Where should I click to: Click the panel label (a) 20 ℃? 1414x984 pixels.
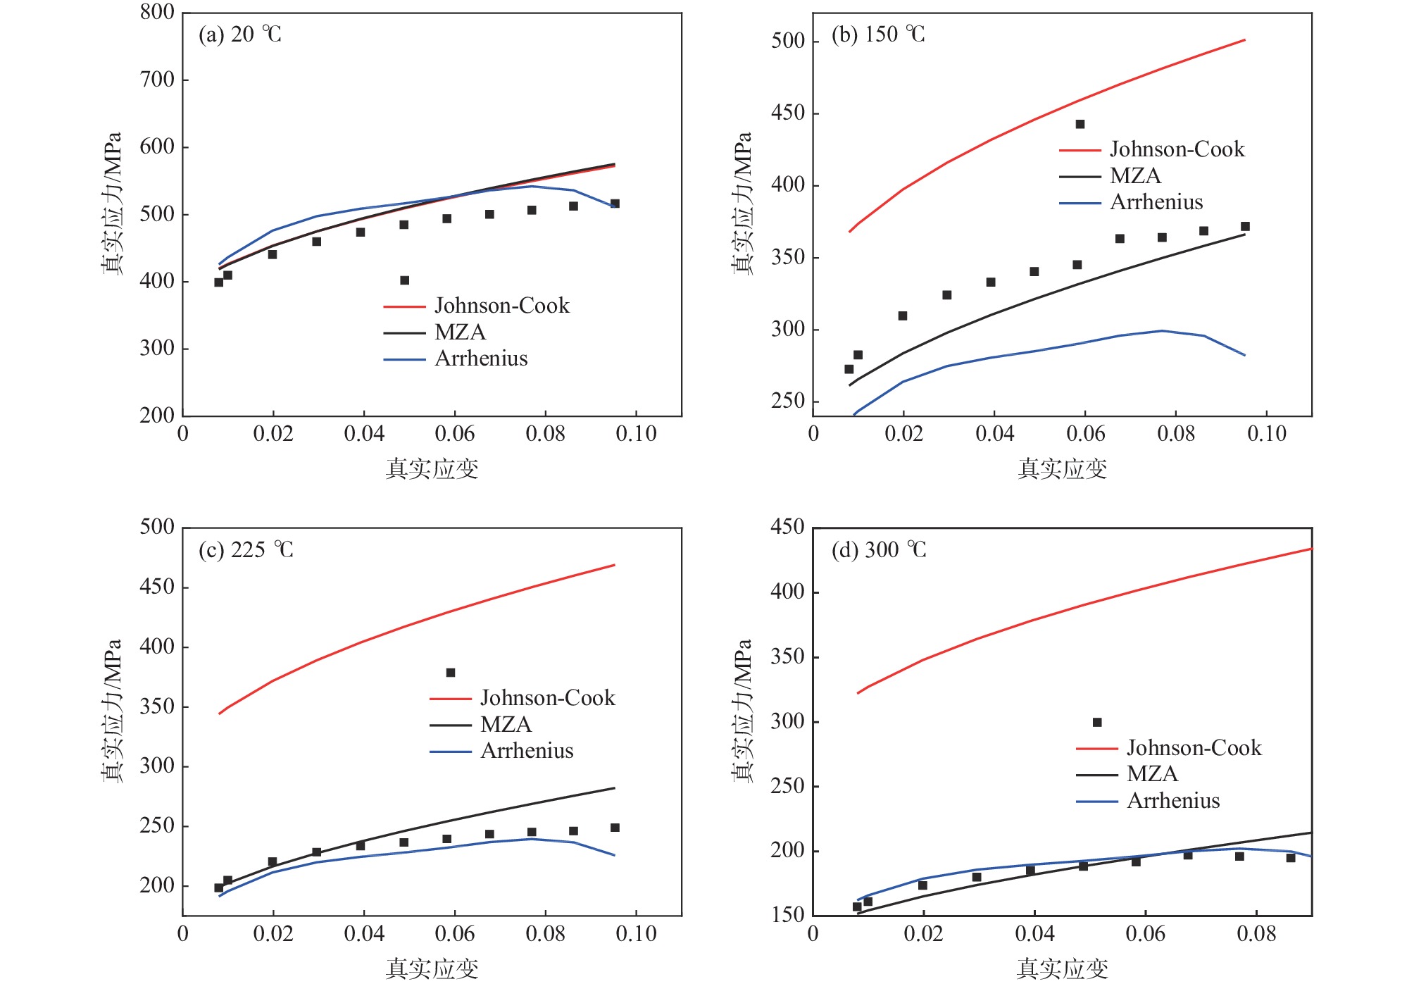click(x=240, y=35)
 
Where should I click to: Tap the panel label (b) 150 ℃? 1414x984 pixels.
click(x=878, y=35)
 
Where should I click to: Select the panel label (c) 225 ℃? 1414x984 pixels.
click(x=246, y=549)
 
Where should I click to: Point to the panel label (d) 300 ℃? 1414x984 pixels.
click(x=879, y=549)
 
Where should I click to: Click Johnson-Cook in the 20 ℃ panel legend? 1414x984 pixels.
click(x=501, y=306)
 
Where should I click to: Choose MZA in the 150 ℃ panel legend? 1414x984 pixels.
click(x=1135, y=175)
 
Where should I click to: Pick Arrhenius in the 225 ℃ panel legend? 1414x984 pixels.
click(x=527, y=751)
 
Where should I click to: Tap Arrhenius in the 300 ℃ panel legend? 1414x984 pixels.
click(x=1173, y=801)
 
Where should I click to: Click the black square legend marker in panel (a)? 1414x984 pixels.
click(x=405, y=280)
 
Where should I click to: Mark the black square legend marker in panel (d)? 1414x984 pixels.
click(x=1097, y=722)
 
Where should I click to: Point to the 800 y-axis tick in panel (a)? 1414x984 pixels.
click(x=157, y=12)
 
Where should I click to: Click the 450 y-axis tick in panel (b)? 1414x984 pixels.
click(x=788, y=113)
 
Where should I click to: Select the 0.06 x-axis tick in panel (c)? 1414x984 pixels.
click(x=455, y=933)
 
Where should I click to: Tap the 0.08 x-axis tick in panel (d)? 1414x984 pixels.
click(x=1257, y=933)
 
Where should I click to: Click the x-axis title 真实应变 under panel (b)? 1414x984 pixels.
click(x=1063, y=468)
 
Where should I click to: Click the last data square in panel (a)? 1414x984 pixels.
click(x=615, y=204)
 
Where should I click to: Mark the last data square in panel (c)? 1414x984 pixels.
click(x=615, y=828)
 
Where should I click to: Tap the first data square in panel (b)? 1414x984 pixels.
click(x=849, y=369)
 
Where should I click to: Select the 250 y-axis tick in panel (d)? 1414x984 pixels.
click(x=788, y=786)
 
